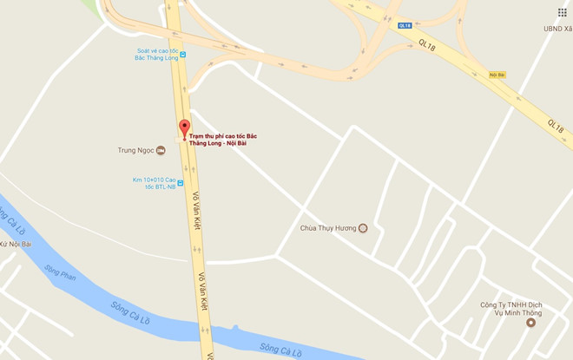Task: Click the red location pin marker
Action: [x=184, y=129]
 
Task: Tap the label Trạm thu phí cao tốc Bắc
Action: [x=224, y=135]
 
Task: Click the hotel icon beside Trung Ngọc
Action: [x=161, y=151]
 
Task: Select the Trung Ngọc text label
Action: [x=135, y=151]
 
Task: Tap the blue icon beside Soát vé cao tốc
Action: [x=183, y=55]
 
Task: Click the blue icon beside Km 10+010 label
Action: [x=181, y=183]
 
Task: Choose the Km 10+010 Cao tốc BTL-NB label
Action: [x=154, y=183]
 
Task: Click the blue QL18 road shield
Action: [x=405, y=26]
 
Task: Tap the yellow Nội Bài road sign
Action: [x=497, y=75]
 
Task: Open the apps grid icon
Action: [x=562, y=12]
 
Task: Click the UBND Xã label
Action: [x=557, y=29]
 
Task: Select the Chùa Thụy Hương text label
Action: [x=328, y=229]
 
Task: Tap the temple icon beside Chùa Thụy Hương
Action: [x=363, y=229]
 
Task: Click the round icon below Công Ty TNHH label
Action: [x=531, y=323]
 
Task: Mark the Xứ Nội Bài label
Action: [x=16, y=245]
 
